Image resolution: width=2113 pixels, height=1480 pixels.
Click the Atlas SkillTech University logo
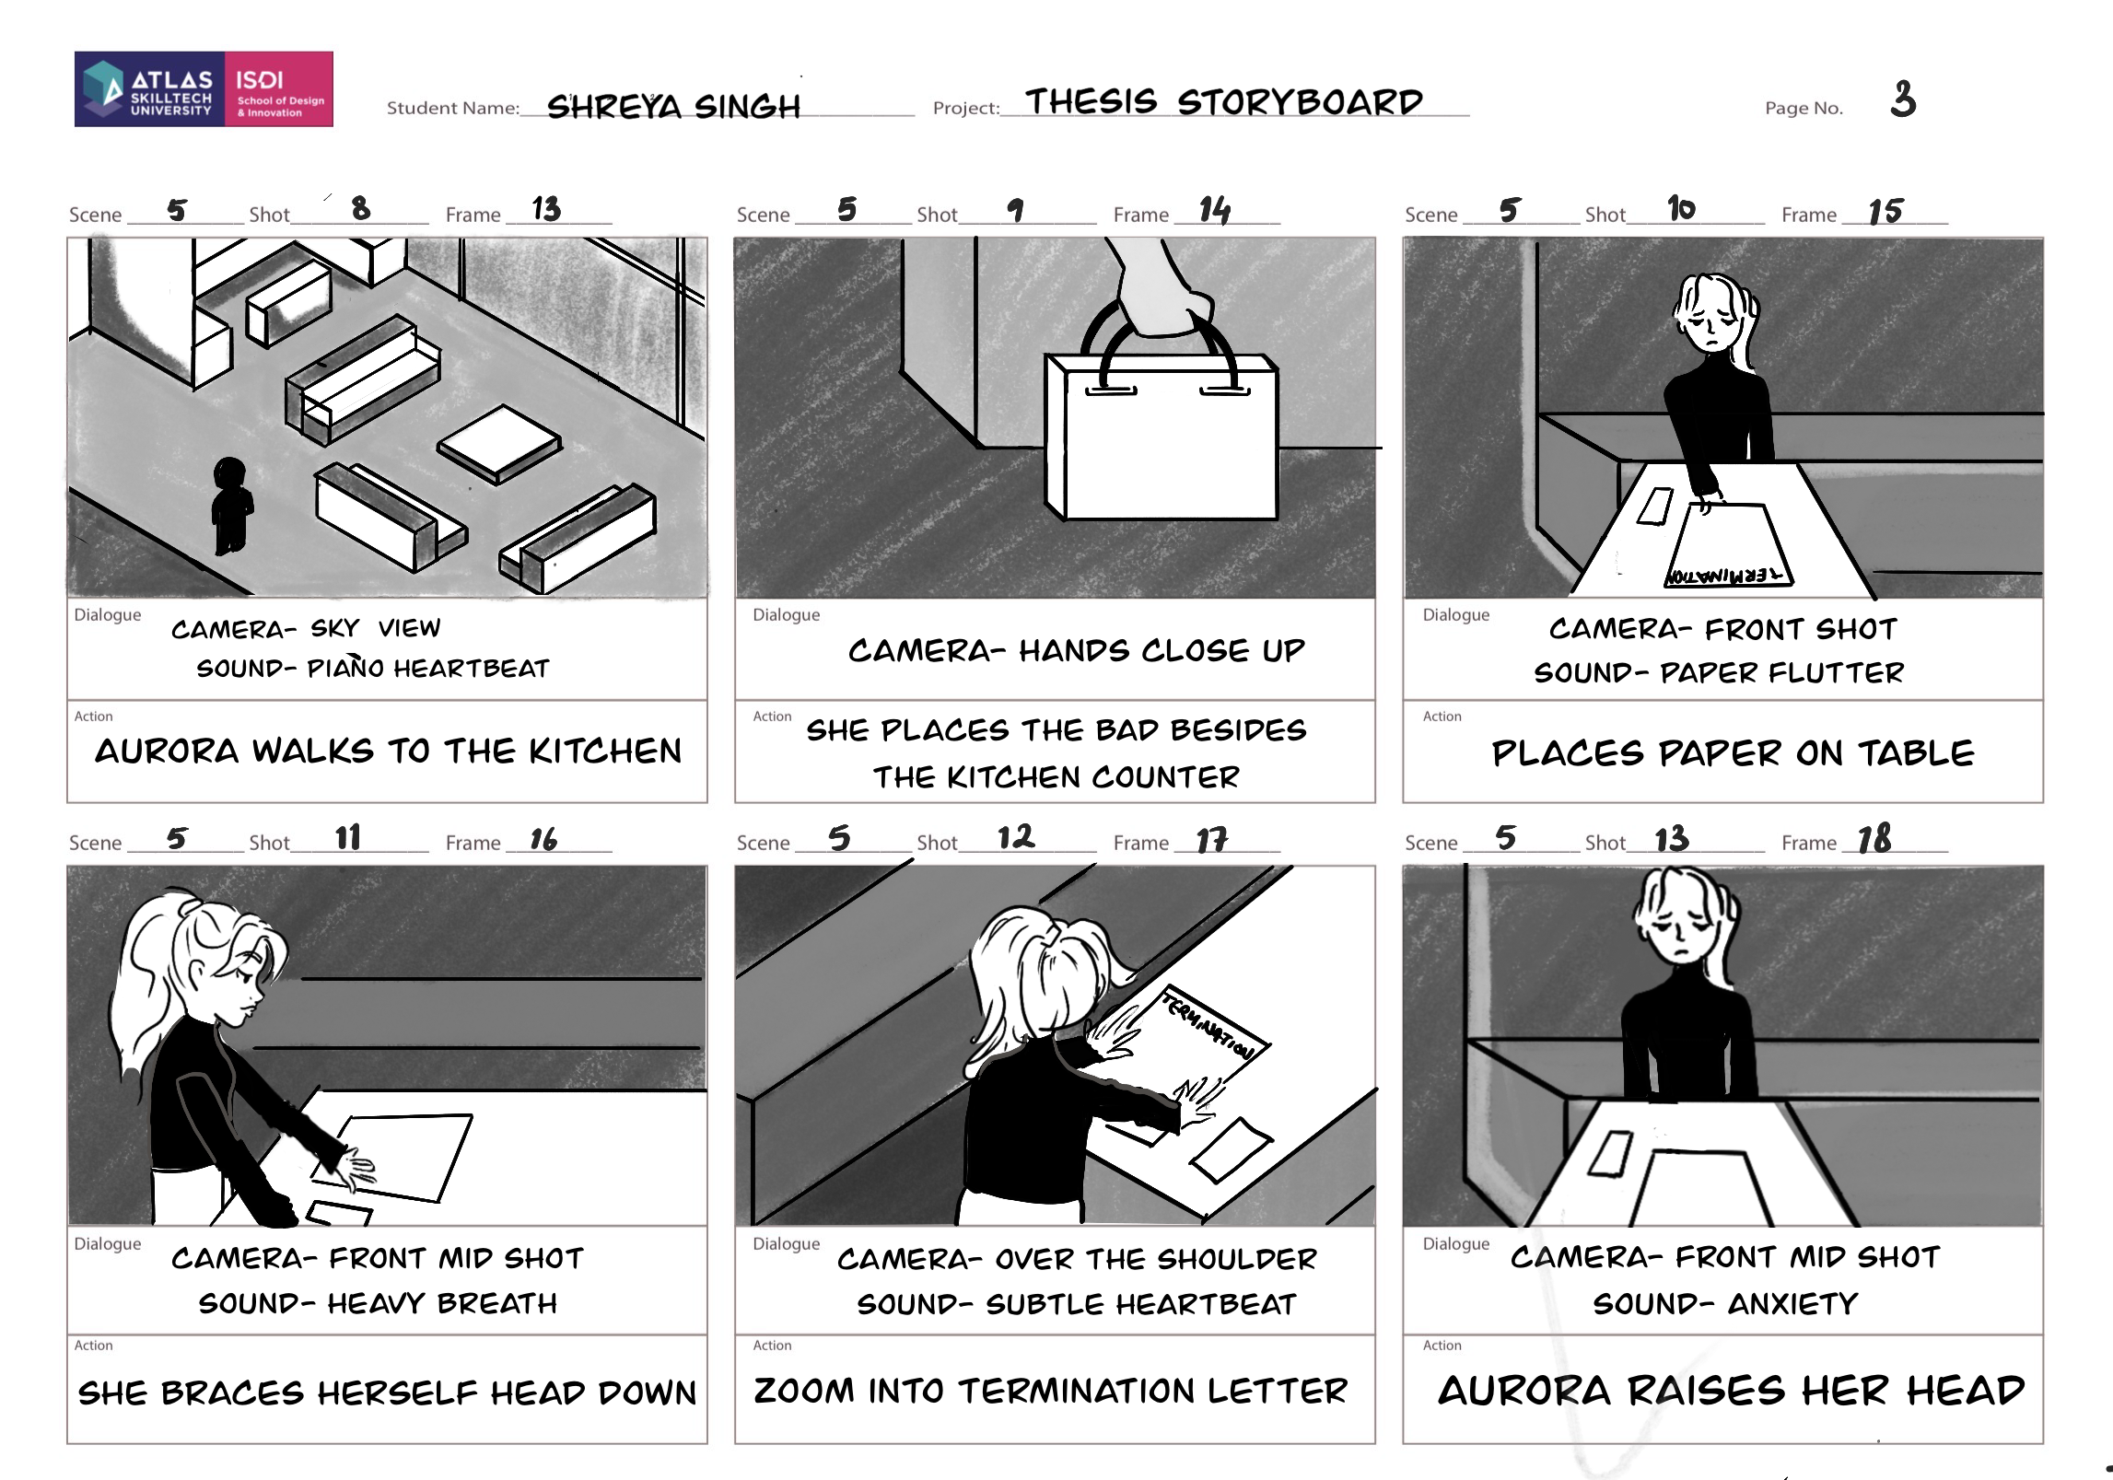pyautogui.click(x=204, y=88)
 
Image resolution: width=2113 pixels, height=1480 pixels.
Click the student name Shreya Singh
pyautogui.click(x=673, y=106)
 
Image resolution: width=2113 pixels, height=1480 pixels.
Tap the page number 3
pyautogui.click(x=1903, y=99)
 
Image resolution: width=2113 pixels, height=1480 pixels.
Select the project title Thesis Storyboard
pyautogui.click(x=1224, y=101)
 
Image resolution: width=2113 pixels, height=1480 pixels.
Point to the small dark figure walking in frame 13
pyautogui.click(x=231, y=506)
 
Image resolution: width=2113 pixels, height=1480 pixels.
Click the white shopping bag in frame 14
pyautogui.click(x=1161, y=437)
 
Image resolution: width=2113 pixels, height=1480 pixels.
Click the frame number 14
pyautogui.click(x=1214, y=211)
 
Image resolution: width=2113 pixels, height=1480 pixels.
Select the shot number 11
pyautogui.click(x=348, y=837)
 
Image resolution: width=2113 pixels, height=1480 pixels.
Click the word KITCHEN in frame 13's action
pyautogui.click(x=605, y=752)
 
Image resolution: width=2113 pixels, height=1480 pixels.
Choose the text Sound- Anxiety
pyautogui.click(x=1725, y=1303)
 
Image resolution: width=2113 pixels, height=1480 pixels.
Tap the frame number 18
pyautogui.click(x=1874, y=839)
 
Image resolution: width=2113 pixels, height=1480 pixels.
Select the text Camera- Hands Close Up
pyautogui.click(x=1077, y=650)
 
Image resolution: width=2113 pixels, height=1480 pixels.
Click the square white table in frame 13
pyautogui.click(x=499, y=443)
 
